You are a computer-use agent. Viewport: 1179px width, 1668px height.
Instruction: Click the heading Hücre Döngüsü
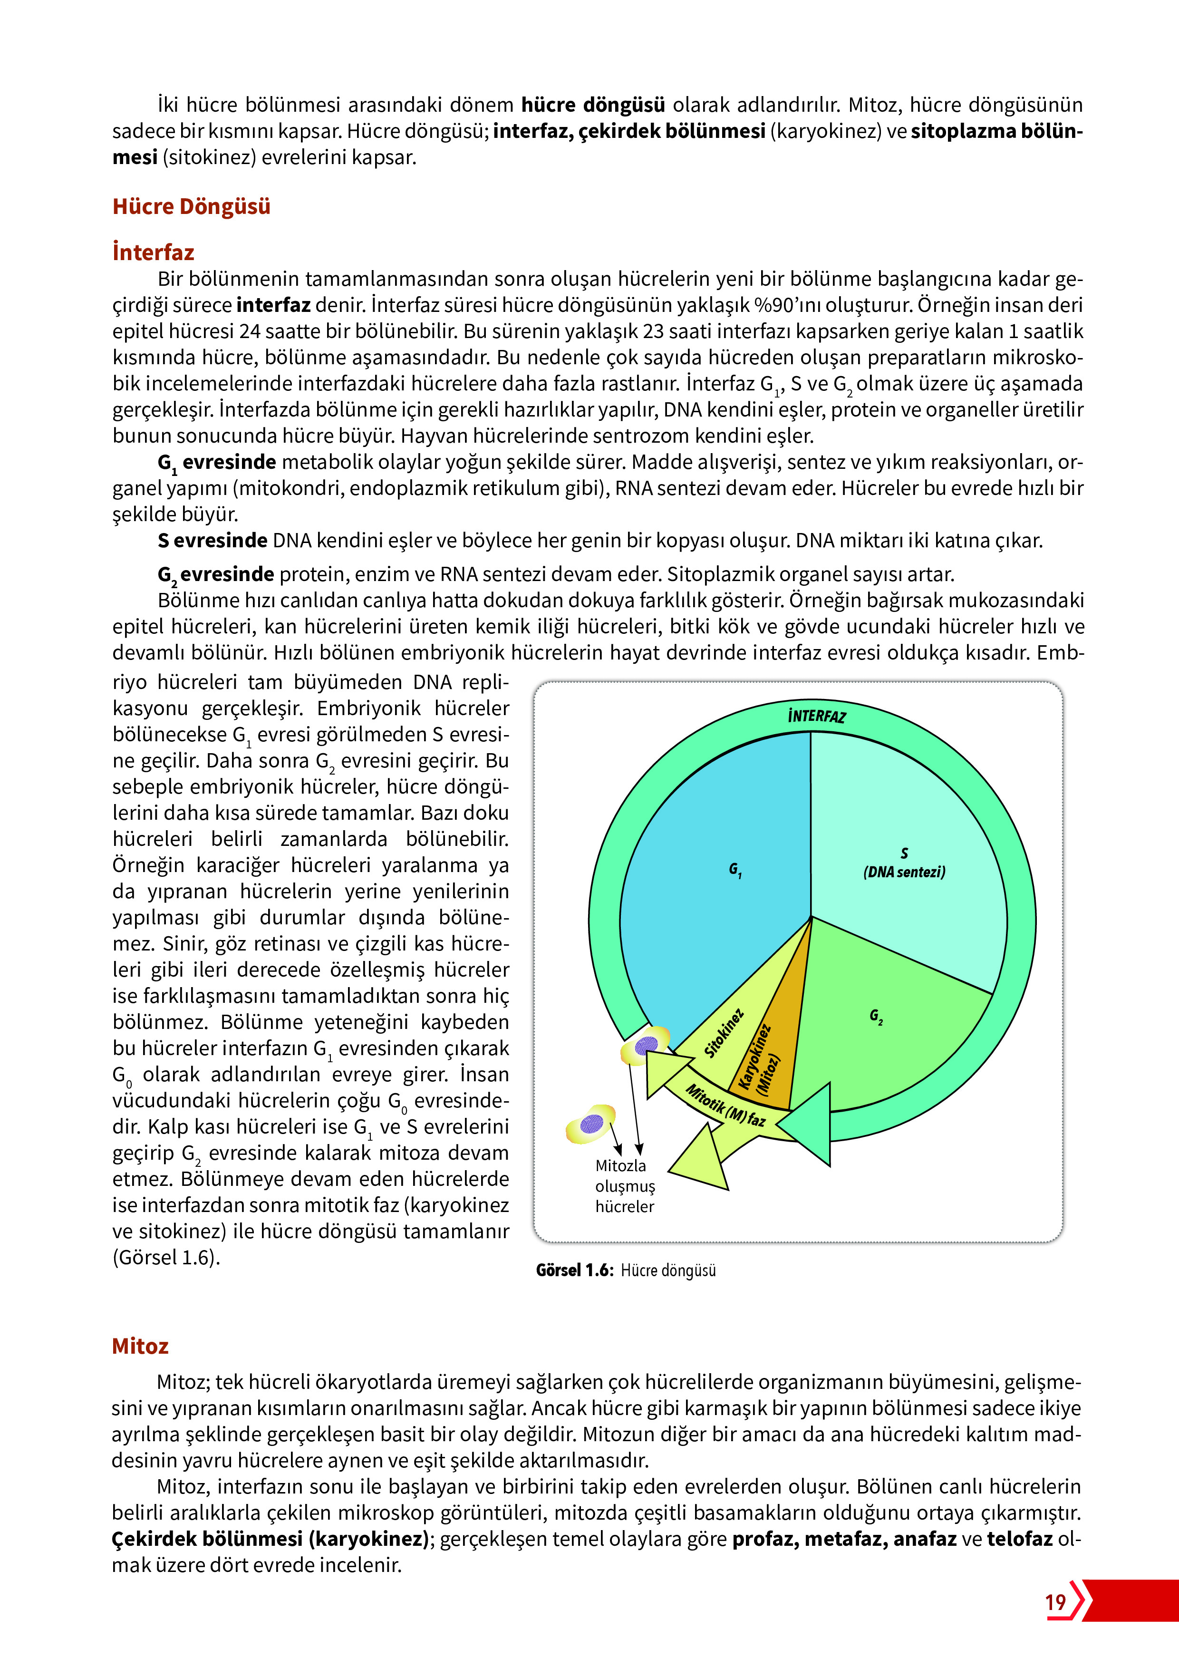coord(191,206)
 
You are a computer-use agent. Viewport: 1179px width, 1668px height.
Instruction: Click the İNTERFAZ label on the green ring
coord(817,716)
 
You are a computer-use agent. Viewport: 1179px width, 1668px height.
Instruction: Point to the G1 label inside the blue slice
coord(735,870)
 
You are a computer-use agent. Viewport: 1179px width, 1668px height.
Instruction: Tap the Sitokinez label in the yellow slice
coord(724,1033)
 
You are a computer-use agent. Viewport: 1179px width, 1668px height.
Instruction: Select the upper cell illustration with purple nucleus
coord(645,1046)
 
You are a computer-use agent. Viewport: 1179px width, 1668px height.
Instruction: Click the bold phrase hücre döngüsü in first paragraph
coord(593,106)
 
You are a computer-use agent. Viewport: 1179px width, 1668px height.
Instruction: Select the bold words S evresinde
coord(212,541)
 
